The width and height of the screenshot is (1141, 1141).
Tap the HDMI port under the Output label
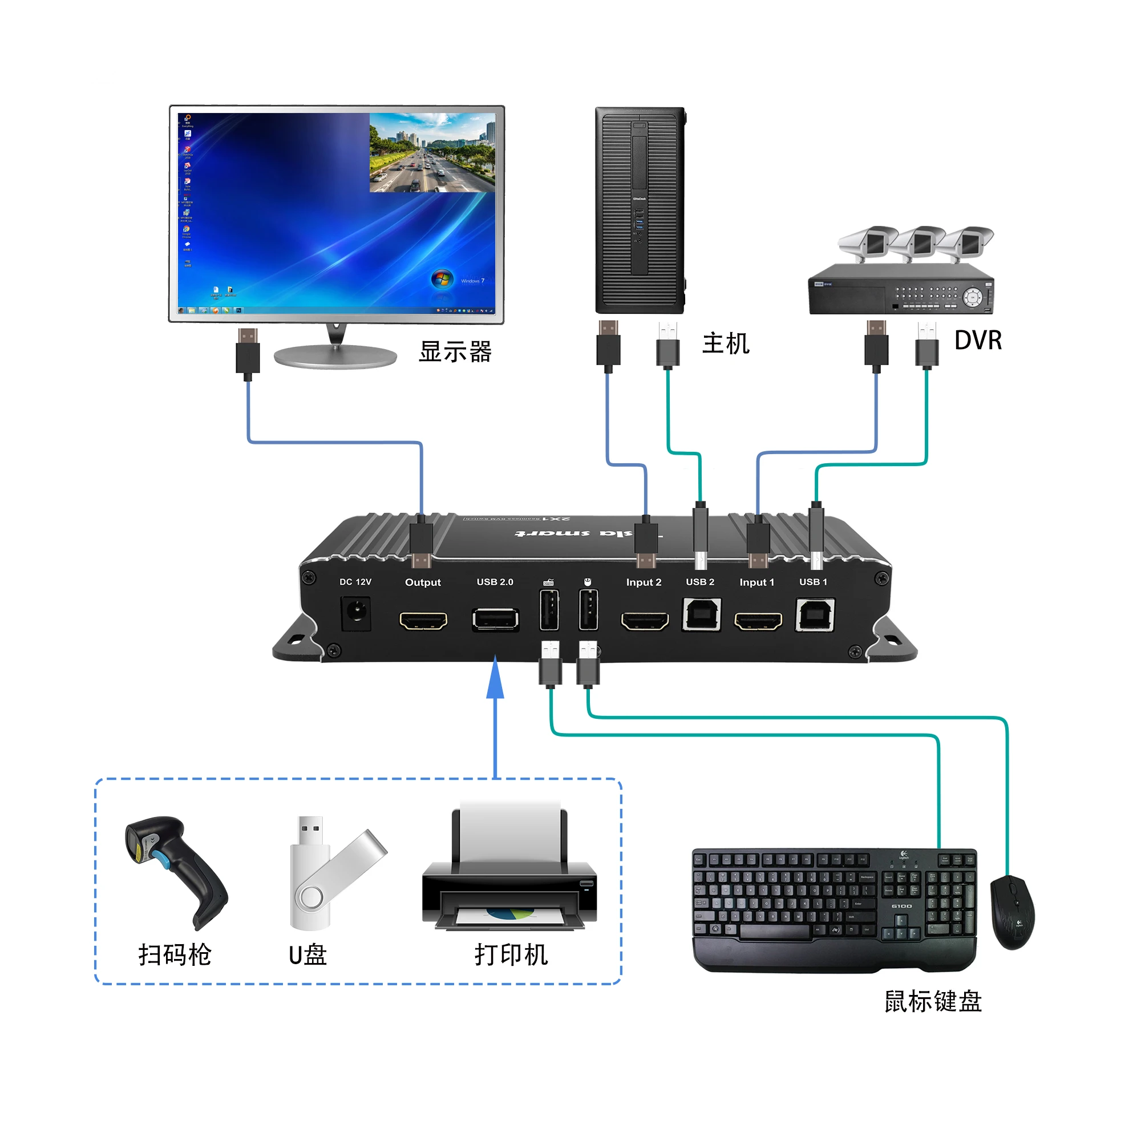[x=423, y=620]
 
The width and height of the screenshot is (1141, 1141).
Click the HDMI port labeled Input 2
[x=644, y=621]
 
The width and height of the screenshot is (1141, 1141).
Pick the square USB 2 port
[x=701, y=615]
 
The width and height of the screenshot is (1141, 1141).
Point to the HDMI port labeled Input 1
[x=757, y=621]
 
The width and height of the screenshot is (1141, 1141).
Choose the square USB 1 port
[x=815, y=615]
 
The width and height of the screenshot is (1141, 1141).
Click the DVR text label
[x=978, y=341]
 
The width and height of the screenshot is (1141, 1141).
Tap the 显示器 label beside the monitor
[x=455, y=352]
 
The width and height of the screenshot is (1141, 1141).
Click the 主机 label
[x=726, y=343]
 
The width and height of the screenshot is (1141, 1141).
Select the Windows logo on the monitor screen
[x=442, y=279]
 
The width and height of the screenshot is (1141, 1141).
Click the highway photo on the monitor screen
[x=432, y=152]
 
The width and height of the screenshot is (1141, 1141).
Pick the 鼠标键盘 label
[x=933, y=1002]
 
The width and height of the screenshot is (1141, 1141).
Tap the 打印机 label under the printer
[x=511, y=955]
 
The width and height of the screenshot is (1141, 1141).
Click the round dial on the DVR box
[x=972, y=297]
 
